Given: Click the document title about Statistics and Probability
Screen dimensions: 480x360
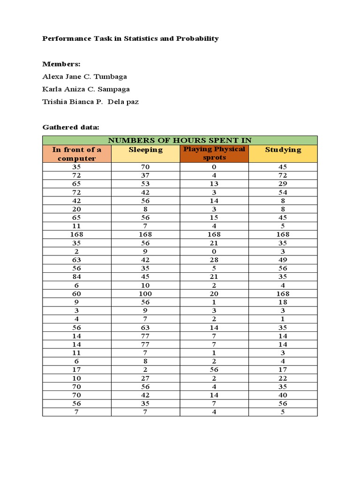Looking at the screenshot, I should (x=130, y=38).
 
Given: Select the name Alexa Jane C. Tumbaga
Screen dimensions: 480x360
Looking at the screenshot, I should (x=84, y=76).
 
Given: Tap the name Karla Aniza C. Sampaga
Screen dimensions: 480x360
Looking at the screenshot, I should (x=86, y=89).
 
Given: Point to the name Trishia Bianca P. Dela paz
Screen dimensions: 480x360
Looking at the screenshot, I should (x=90, y=102).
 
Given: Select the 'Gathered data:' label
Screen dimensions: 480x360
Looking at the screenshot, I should (x=70, y=127).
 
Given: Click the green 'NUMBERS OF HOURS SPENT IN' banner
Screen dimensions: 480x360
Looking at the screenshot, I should (x=180, y=140).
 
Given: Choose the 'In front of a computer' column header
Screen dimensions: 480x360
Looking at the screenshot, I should (x=76, y=154).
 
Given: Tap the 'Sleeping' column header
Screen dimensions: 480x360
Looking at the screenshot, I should (x=145, y=150).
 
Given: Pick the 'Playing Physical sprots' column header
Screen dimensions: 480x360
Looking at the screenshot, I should (x=214, y=153).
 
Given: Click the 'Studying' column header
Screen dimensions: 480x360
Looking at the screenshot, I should (x=283, y=150).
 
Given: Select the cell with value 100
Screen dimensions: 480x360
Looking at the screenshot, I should (x=145, y=293).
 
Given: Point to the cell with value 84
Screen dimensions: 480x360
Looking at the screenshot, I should (x=76, y=277).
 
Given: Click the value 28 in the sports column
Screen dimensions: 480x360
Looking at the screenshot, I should (x=214, y=260).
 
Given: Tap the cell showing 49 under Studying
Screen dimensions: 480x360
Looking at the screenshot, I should (x=283, y=260).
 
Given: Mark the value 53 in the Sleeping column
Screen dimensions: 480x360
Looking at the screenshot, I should (x=145, y=184).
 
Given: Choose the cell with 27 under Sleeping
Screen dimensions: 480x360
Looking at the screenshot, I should (x=145, y=378).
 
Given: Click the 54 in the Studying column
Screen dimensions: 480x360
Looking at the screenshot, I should (x=283, y=192).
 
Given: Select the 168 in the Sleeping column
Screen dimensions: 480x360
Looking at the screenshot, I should (x=145, y=234).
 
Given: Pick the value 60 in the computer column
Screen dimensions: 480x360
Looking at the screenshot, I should (x=76, y=293).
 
